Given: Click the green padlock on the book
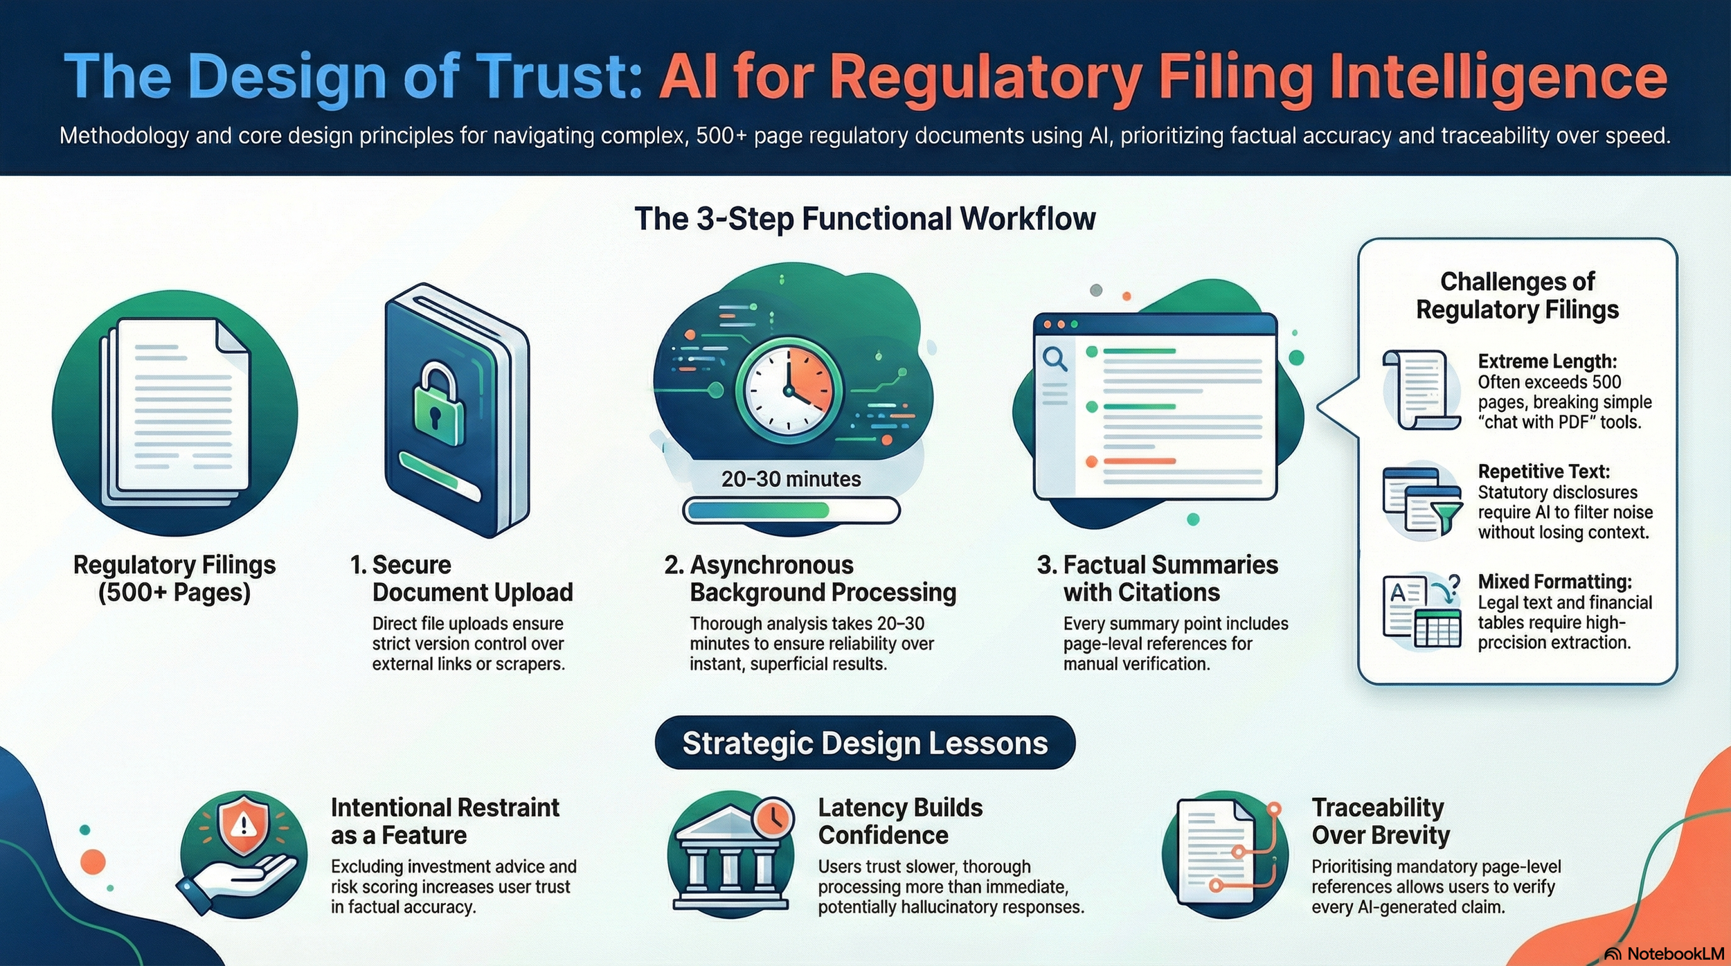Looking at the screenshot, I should pyautogui.click(x=437, y=404).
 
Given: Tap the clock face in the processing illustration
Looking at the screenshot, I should pyautogui.click(x=788, y=389).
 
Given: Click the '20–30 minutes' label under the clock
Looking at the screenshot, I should pyautogui.click(x=791, y=479).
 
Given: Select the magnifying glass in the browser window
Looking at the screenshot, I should pyautogui.click(x=1055, y=359).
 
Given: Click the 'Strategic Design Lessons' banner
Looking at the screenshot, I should pyautogui.click(x=865, y=743).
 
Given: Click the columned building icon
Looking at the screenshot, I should pyautogui.click(x=730, y=861).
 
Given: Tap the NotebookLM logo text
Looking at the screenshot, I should pyautogui.click(x=1675, y=954).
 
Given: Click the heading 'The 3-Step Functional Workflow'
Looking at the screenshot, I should pyautogui.click(x=865, y=219).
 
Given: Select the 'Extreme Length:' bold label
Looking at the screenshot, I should pyautogui.click(x=1547, y=361).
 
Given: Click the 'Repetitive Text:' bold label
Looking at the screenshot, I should pyautogui.click(x=1543, y=472).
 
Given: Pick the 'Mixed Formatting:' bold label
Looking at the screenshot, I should pyautogui.click(x=1554, y=582).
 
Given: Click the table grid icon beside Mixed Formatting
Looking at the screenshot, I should pyautogui.click(x=1437, y=629).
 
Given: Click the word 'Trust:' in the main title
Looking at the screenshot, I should pyautogui.click(x=568, y=78).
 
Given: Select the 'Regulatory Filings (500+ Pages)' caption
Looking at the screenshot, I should pyautogui.click(x=174, y=579).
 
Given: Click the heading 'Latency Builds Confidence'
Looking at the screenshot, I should pyautogui.click(x=899, y=821).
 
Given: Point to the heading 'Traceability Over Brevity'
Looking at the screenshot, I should pyautogui.click(x=1380, y=821).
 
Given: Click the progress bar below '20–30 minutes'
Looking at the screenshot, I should pyautogui.click(x=791, y=511).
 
